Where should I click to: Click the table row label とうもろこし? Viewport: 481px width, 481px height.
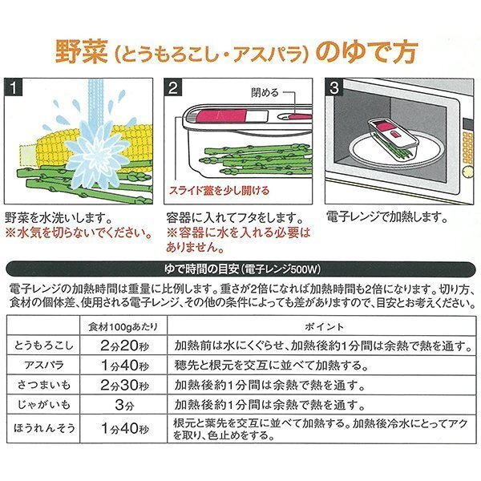coord(46,345)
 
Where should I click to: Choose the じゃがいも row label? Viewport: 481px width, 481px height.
coord(46,405)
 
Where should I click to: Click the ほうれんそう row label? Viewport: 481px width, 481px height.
coord(46,428)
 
